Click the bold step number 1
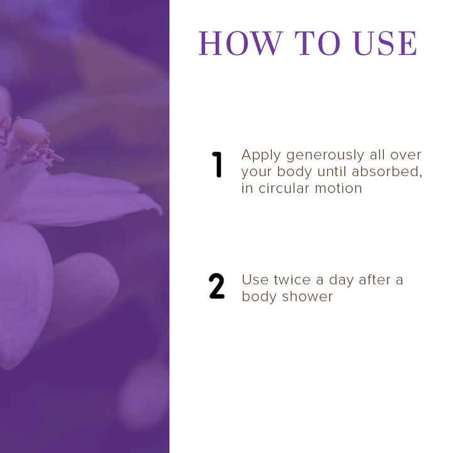pyautogui.click(x=218, y=165)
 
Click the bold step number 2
pyautogui.click(x=217, y=287)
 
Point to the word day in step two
pyautogui.click(x=341, y=281)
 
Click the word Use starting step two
pyautogui.click(x=254, y=280)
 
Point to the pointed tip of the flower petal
pyautogui.click(x=158, y=206)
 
